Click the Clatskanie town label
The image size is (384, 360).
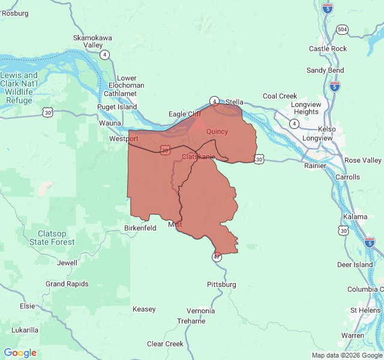click(198, 157)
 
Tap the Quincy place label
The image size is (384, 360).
click(217, 131)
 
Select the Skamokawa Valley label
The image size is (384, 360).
click(92, 41)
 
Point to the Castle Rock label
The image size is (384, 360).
click(328, 49)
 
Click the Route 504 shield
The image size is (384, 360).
click(342, 29)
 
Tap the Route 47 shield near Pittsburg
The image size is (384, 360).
click(216, 257)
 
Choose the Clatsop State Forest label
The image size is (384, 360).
click(52, 238)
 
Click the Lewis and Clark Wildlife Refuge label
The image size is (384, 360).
click(19, 88)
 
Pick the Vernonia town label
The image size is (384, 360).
click(200, 311)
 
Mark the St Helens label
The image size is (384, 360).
click(365, 310)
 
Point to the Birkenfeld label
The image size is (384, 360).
click(140, 228)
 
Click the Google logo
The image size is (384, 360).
click(20, 353)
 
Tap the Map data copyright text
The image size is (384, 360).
click(346, 355)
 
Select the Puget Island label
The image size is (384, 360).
click(118, 107)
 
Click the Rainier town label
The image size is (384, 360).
click(315, 166)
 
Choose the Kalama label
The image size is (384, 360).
click(355, 217)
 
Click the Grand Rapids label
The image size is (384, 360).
click(67, 284)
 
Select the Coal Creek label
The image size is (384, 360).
click(280, 96)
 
